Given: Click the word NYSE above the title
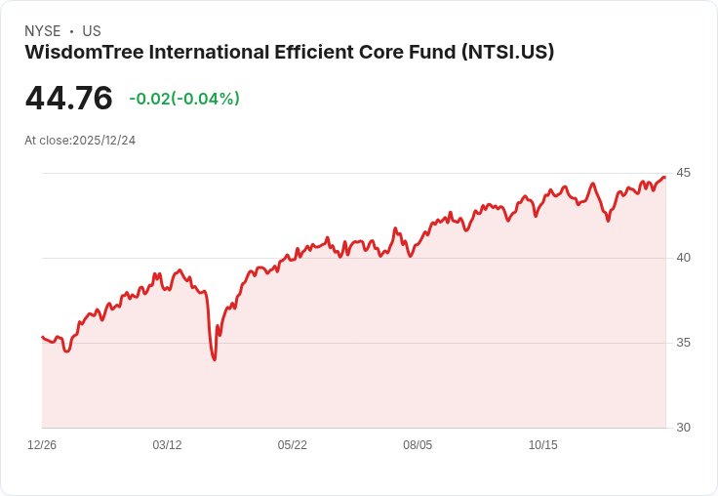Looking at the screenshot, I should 43,31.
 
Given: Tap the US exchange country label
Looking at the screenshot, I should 92,31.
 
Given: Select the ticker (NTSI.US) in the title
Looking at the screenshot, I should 507,53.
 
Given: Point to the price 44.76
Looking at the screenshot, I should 68,99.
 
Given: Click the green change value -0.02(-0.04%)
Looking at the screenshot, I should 184,99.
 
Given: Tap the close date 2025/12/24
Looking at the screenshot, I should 104,141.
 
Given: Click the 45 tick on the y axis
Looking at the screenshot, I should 683,173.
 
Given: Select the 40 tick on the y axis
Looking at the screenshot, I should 683,258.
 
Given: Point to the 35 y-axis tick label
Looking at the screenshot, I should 683,343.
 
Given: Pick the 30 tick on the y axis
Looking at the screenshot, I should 683,428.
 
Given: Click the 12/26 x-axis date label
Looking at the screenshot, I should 42,445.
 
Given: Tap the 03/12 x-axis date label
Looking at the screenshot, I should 167,445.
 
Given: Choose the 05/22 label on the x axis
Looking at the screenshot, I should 293,445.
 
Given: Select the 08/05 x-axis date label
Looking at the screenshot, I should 418,445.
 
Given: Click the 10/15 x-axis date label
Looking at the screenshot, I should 542,445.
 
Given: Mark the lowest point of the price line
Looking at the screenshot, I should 215,359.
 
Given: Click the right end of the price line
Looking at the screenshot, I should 664,177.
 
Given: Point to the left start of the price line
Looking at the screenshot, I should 42,337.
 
